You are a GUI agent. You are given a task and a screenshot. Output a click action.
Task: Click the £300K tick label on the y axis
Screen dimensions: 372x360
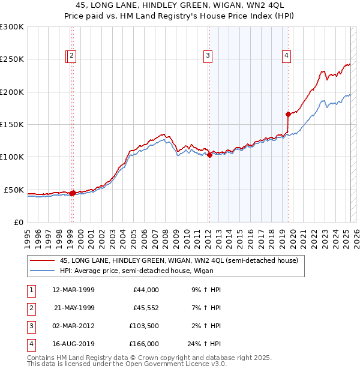12,27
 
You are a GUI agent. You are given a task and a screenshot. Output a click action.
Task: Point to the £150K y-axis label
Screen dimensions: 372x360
12,124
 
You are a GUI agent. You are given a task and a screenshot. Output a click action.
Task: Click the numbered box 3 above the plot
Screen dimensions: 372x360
208,56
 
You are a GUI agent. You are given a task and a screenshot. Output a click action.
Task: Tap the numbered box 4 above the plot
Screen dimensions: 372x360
287,56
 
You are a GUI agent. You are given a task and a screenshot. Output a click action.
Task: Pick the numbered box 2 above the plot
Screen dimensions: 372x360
72,56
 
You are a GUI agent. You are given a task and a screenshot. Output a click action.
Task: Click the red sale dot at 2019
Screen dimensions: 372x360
289,114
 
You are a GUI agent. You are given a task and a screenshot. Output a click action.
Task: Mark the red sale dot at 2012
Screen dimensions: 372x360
209,155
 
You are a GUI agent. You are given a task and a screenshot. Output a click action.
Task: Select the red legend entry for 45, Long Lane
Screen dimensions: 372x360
175,260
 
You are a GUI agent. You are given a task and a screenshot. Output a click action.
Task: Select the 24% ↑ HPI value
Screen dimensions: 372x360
205,344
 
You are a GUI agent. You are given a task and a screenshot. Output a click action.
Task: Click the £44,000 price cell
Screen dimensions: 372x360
145,289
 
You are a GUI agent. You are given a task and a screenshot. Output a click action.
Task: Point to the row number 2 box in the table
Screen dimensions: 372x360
30,307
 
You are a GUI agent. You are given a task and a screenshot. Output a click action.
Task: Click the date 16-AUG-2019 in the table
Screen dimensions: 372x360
73,344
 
